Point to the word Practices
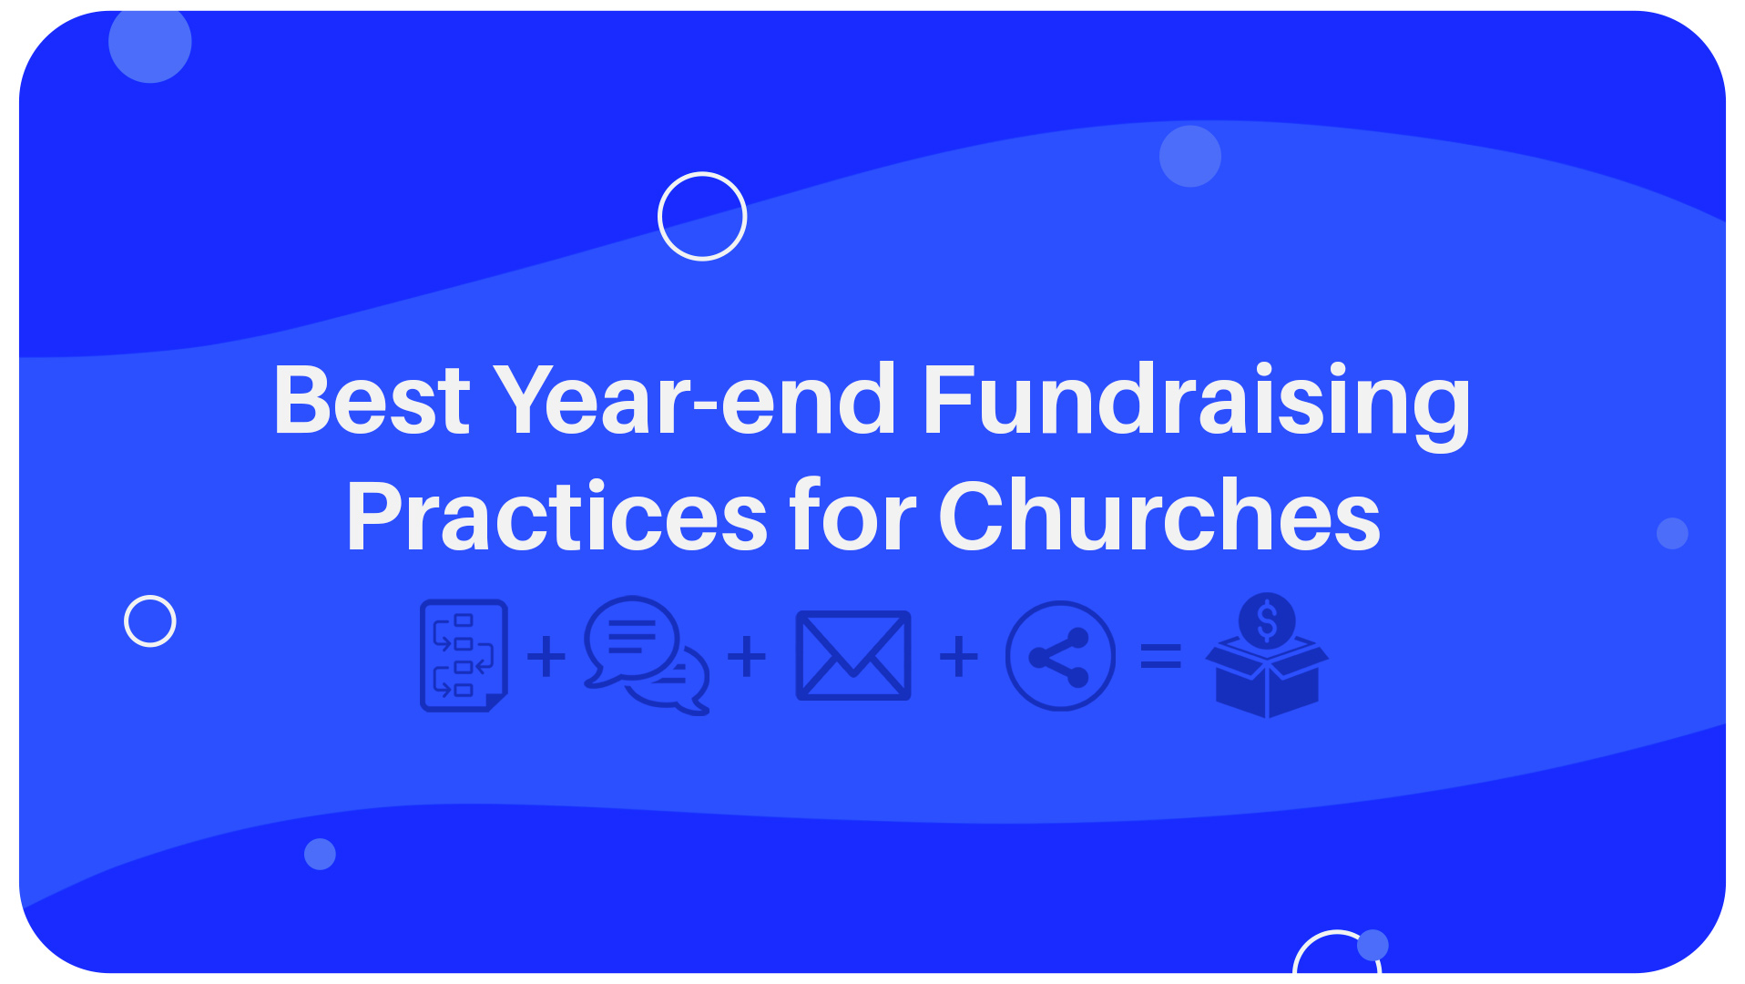(x=556, y=517)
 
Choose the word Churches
(x=1159, y=515)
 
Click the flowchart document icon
(x=464, y=655)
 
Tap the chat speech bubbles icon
(x=647, y=655)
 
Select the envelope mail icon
(x=853, y=655)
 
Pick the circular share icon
(x=1060, y=655)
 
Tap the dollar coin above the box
(x=1267, y=620)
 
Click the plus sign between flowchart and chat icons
(x=546, y=656)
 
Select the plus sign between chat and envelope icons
(x=747, y=656)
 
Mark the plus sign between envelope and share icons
(x=959, y=656)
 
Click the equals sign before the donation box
(x=1161, y=656)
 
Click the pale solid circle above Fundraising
(x=1190, y=156)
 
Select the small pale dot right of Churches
(x=1672, y=533)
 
